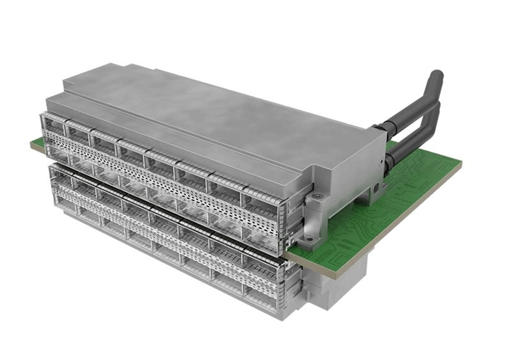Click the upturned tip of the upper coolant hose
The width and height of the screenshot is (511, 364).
pyautogui.click(x=434, y=77)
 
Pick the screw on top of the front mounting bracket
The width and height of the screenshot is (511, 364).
pyautogui.click(x=315, y=199)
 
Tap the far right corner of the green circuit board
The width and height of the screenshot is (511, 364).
pyautogui.click(x=459, y=164)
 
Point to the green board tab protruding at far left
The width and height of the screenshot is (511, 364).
pyautogui.click(x=36, y=145)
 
